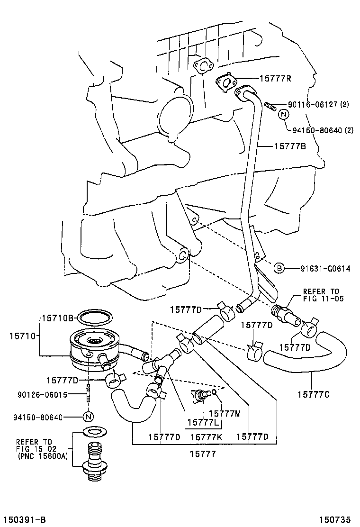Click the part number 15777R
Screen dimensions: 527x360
[x=275, y=78]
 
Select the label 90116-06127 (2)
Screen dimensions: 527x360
[x=317, y=104]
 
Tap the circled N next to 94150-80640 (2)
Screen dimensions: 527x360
[x=283, y=114]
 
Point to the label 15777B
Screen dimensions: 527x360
[x=290, y=146]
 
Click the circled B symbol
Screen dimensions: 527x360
[x=279, y=269]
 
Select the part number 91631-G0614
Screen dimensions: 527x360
[x=325, y=269]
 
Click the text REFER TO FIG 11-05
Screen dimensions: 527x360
[x=321, y=295]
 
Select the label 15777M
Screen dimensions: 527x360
[x=225, y=413]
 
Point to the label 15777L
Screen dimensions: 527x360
[x=202, y=422]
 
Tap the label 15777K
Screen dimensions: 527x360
[x=206, y=437]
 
